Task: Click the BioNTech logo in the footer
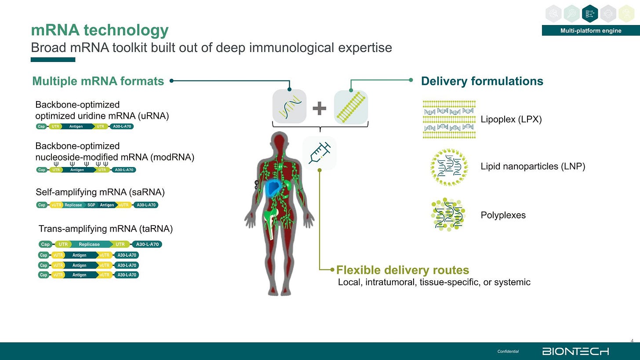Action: [575, 351]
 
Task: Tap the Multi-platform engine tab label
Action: [590, 30]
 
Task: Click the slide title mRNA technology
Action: [99, 30]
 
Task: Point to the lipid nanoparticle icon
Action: [449, 167]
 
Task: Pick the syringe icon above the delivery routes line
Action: [320, 153]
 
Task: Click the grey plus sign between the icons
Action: [320, 108]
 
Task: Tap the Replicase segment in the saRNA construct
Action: [73, 205]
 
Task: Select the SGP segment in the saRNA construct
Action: [91, 205]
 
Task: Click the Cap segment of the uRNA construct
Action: [42, 127]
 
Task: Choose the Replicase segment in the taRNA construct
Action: [89, 244]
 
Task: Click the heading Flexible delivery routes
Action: [402, 270]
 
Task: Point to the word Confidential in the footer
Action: [508, 351]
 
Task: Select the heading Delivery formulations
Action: [482, 81]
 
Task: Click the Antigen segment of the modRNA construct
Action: [77, 170]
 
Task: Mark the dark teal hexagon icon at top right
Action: [589, 14]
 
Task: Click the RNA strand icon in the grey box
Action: [289, 107]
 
